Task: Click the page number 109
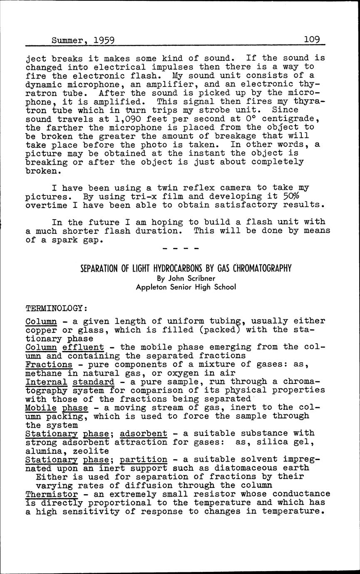pyautogui.click(x=312, y=40)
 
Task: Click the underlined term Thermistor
pyautogui.click(x=52, y=494)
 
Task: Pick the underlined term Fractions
pyautogui.click(x=49, y=364)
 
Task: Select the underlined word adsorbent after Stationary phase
pyautogui.click(x=143, y=433)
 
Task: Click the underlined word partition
pyautogui.click(x=143, y=460)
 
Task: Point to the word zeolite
pyautogui.click(x=91, y=451)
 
